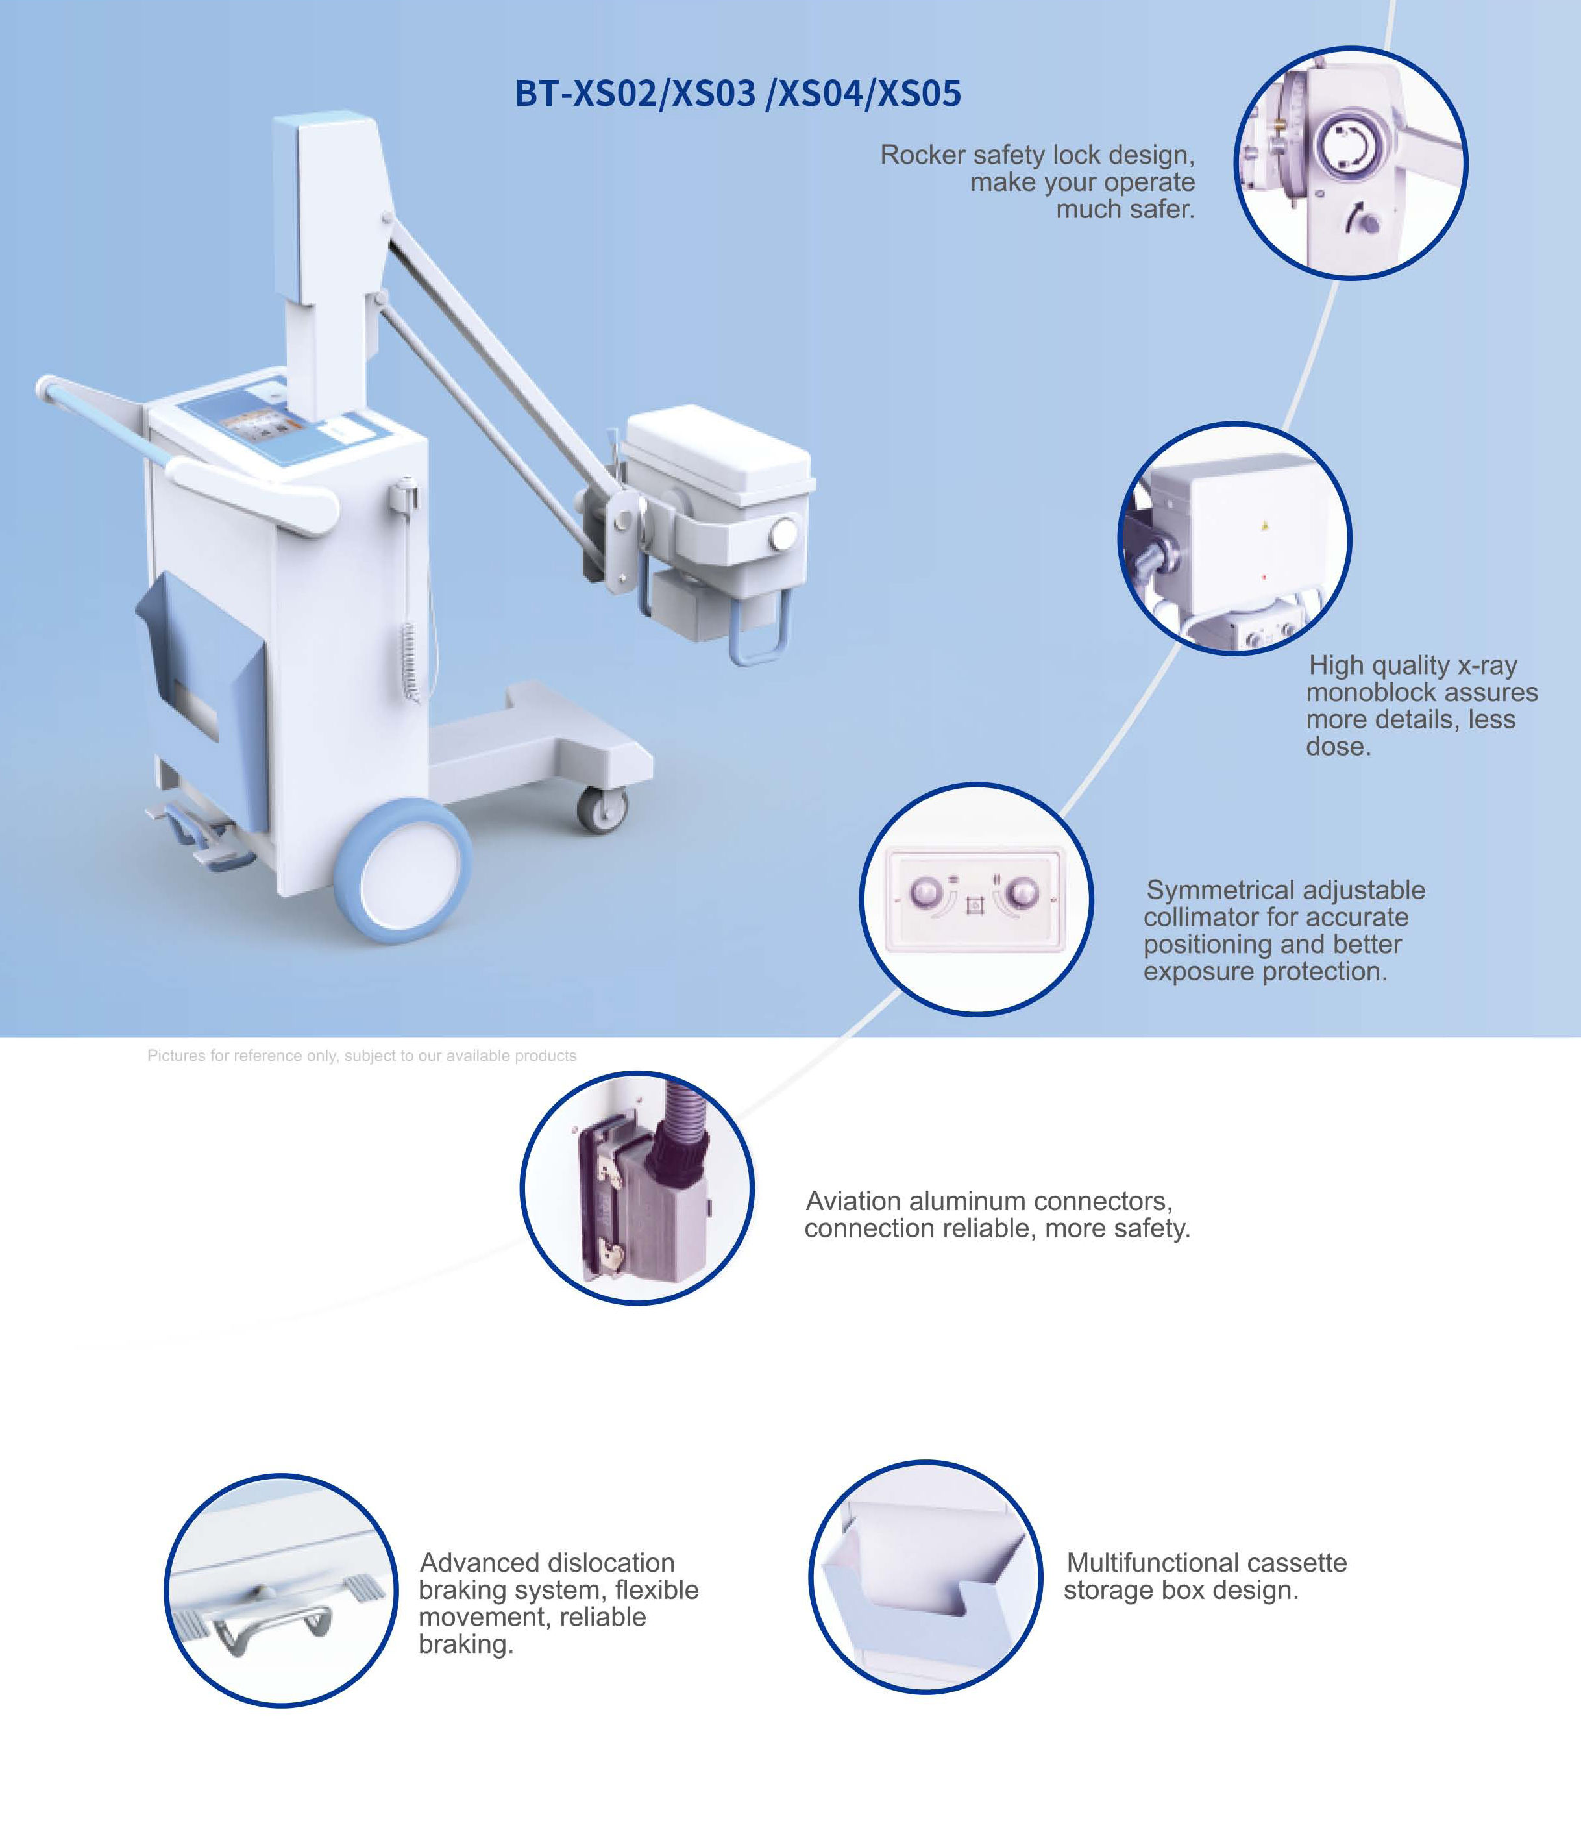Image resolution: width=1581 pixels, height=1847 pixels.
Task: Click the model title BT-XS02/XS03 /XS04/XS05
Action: [x=738, y=93]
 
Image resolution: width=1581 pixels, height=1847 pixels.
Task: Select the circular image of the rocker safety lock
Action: [x=1350, y=163]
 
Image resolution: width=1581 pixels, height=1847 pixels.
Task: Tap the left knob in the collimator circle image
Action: [x=926, y=891]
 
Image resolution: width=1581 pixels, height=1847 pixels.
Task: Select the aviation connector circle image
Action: [x=637, y=1187]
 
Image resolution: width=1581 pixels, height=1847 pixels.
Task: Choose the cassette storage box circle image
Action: [x=925, y=1577]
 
